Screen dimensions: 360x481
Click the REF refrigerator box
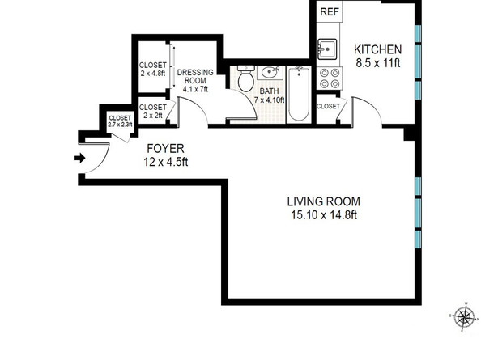[330, 12]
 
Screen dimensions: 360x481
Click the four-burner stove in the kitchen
[330, 78]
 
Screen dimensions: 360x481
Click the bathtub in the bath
[298, 95]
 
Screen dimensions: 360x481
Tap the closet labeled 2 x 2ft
[153, 111]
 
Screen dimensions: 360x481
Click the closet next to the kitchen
[328, 107]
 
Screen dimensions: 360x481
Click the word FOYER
[166, 149]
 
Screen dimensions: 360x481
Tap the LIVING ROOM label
[323, 201]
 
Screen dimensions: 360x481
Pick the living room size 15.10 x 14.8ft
[323, 215]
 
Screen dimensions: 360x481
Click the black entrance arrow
[79, 159]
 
